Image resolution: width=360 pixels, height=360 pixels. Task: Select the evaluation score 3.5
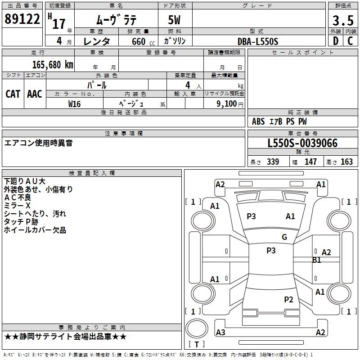[x=342, y=20]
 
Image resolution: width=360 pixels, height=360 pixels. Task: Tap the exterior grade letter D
[x=335, y=41]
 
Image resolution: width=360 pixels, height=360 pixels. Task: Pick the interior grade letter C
[x=350, y=41]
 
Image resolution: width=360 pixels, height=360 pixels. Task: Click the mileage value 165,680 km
[x=53, y=65]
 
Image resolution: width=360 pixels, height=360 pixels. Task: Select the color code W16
[x=75, y=103]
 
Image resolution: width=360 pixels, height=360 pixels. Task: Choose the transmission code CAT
[x=13, y=94]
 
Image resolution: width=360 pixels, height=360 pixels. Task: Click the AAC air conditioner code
[x=35, y=94]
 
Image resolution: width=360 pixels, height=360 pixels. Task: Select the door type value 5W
[x=175, y=20]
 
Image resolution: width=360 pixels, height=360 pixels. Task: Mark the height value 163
[x=346, y=162]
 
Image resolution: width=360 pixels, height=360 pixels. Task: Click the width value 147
[x=310, y=162]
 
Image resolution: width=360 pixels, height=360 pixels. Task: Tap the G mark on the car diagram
[x=284, y=237]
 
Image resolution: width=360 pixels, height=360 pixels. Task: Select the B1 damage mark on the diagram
[x=317, y=260]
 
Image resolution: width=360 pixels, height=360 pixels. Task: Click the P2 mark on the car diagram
[x=288, y=300]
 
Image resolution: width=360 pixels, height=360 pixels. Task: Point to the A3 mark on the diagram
[x=220, y=333]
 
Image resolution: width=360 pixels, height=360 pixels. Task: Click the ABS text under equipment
[x=258, y=121]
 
